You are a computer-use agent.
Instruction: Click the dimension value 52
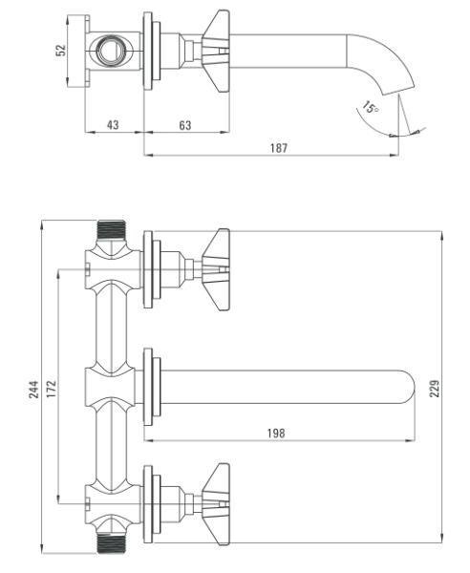click(x=61, y=51)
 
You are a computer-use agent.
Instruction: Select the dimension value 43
click(x=113, y=125)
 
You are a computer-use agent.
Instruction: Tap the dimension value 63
click(x=185, y=125)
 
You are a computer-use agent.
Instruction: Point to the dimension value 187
click(x=279, y=148)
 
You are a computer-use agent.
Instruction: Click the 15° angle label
click(x=371, y=107)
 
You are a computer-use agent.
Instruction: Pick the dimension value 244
click(x=33, y=390)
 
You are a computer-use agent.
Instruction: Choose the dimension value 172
click(x=52, y=389)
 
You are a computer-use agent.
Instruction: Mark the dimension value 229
click(x=435, y=389)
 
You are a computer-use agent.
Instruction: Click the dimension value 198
click(x=276, y=433)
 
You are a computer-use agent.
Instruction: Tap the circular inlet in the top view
click(x=110, y=51)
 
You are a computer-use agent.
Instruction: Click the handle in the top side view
click(x=216, y=51)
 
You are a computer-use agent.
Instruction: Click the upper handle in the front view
click(x=216, y=269)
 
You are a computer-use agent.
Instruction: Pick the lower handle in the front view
click(x=216, y=504)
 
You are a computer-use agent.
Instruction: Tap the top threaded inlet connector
click(x=112, y=230)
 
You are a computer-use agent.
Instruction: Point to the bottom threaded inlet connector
click(x=112, y=543)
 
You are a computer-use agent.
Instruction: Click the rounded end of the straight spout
click(x=408, y=388)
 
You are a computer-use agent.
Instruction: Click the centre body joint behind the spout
click(x=110, y=388)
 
